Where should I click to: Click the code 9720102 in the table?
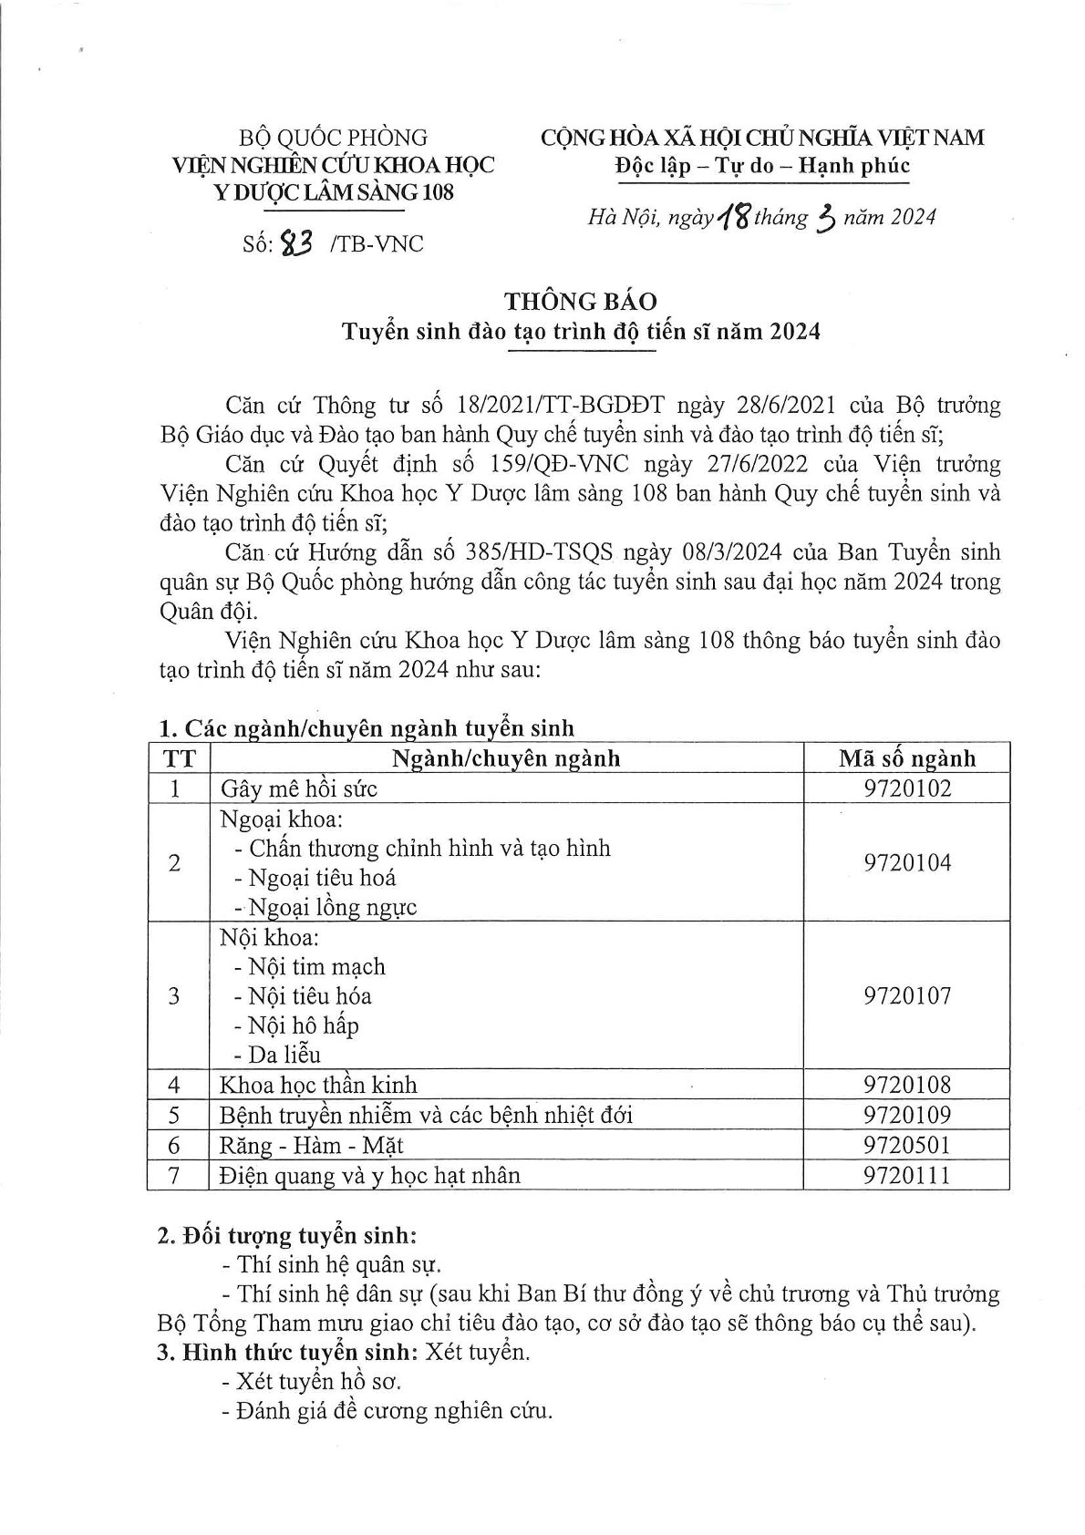pos(906,788)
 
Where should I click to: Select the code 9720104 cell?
pos(906,862)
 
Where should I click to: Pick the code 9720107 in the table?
pos(906,995)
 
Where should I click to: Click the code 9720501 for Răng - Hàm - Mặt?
pos(906,1145)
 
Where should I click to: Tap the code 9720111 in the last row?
pos(906,1175)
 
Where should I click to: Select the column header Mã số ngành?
pos(906,758)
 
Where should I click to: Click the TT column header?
pos(178,758)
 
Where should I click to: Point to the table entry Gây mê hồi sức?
pos(298,788)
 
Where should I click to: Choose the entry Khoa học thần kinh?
pos(318,1085)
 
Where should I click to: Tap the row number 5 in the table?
pos(175,1115)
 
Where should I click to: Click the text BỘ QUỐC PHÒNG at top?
pos(333,138)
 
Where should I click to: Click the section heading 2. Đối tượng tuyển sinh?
pos(287,1237)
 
